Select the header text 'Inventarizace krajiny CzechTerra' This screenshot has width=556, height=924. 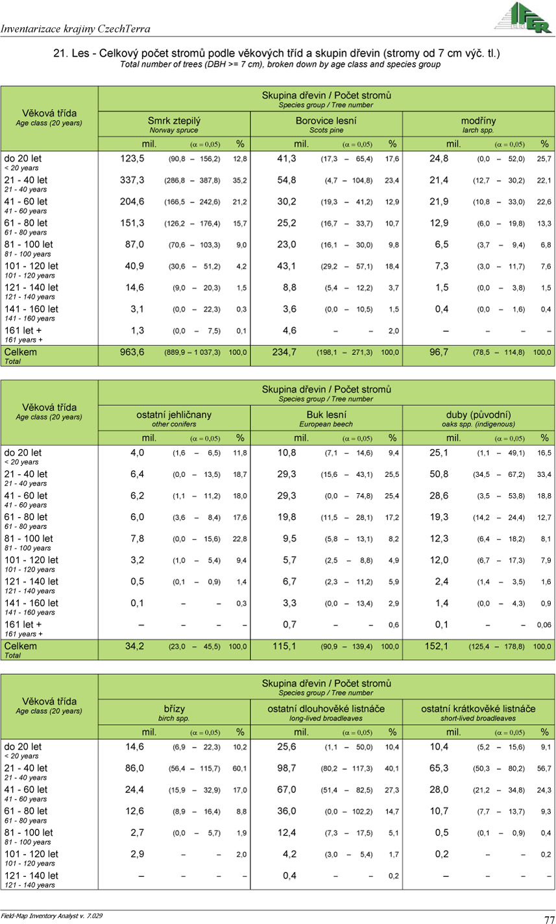(75, 29)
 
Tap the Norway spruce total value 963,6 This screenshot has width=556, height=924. (132, 352)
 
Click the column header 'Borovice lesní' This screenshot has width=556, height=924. (326, 121)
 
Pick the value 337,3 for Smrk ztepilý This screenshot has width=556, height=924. (132, 180)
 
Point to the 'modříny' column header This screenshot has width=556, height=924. (479, 121)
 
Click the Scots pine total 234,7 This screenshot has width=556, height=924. (284, 352)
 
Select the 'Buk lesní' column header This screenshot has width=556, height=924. (326, 415)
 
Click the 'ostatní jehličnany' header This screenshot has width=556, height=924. (174, 415)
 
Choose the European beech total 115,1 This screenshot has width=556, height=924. (284, 646)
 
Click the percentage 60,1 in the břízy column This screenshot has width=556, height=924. (239, 769)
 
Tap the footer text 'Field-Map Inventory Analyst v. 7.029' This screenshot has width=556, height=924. (52, 916)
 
